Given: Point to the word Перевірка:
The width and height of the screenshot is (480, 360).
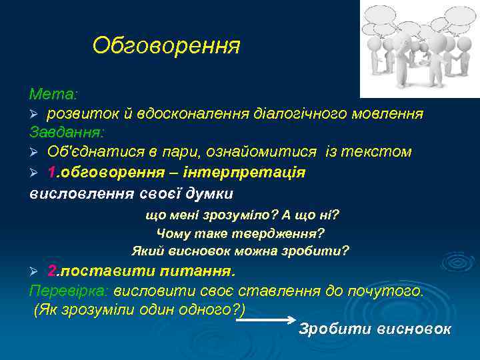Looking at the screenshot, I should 69,291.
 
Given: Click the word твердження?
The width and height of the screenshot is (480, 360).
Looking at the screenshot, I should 278,233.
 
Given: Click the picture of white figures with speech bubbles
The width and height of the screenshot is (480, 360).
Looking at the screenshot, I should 420,48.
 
